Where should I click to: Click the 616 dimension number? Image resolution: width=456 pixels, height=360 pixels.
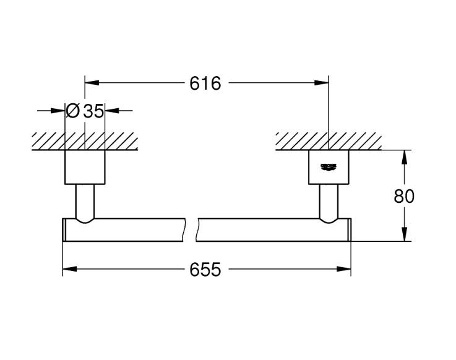(x=205, y=83)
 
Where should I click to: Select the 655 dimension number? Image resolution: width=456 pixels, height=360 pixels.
(x=205, y=270)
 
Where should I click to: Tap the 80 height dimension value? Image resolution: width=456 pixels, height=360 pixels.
(x=404, y=196)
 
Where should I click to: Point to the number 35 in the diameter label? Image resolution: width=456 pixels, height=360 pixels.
(x=93, y=111)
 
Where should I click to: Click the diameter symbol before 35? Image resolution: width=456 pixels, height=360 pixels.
(x=72, y=111)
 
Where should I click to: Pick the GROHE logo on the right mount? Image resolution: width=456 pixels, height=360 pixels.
(x=328, y=166)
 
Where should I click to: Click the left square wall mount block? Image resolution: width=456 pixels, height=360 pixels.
(x=85, y=167)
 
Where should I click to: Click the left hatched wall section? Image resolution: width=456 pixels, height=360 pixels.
(x=85, y=140)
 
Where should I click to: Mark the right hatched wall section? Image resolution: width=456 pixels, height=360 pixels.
(x=328, y=140)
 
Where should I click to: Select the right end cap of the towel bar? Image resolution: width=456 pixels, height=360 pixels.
(x=348, y=229)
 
